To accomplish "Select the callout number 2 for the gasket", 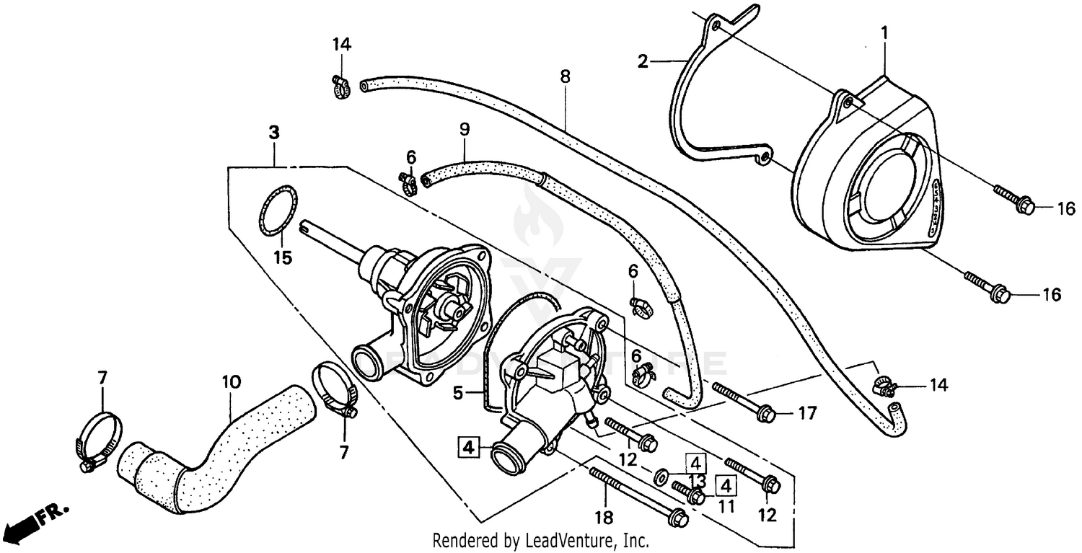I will pos(643,62).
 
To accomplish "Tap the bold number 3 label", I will pos(273,133).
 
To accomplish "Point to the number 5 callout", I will pos(457,394).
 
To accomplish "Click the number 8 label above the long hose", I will pos(565,76).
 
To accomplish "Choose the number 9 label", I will pos(465,130).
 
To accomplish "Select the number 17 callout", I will pos(807,414).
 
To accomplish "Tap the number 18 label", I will pos(604,518).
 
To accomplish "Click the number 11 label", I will pos(726,506).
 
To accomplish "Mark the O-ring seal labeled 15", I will pos(278,210).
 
